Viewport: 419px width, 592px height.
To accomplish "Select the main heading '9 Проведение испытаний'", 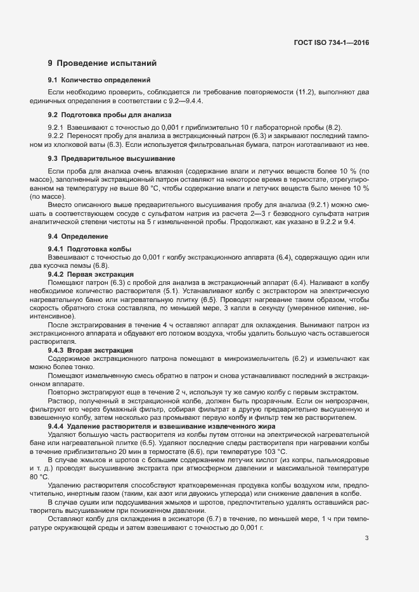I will pyautogui.click(x=98, y=63).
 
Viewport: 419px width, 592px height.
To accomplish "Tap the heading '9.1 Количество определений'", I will pyautogui.click(x=99, y=80).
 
